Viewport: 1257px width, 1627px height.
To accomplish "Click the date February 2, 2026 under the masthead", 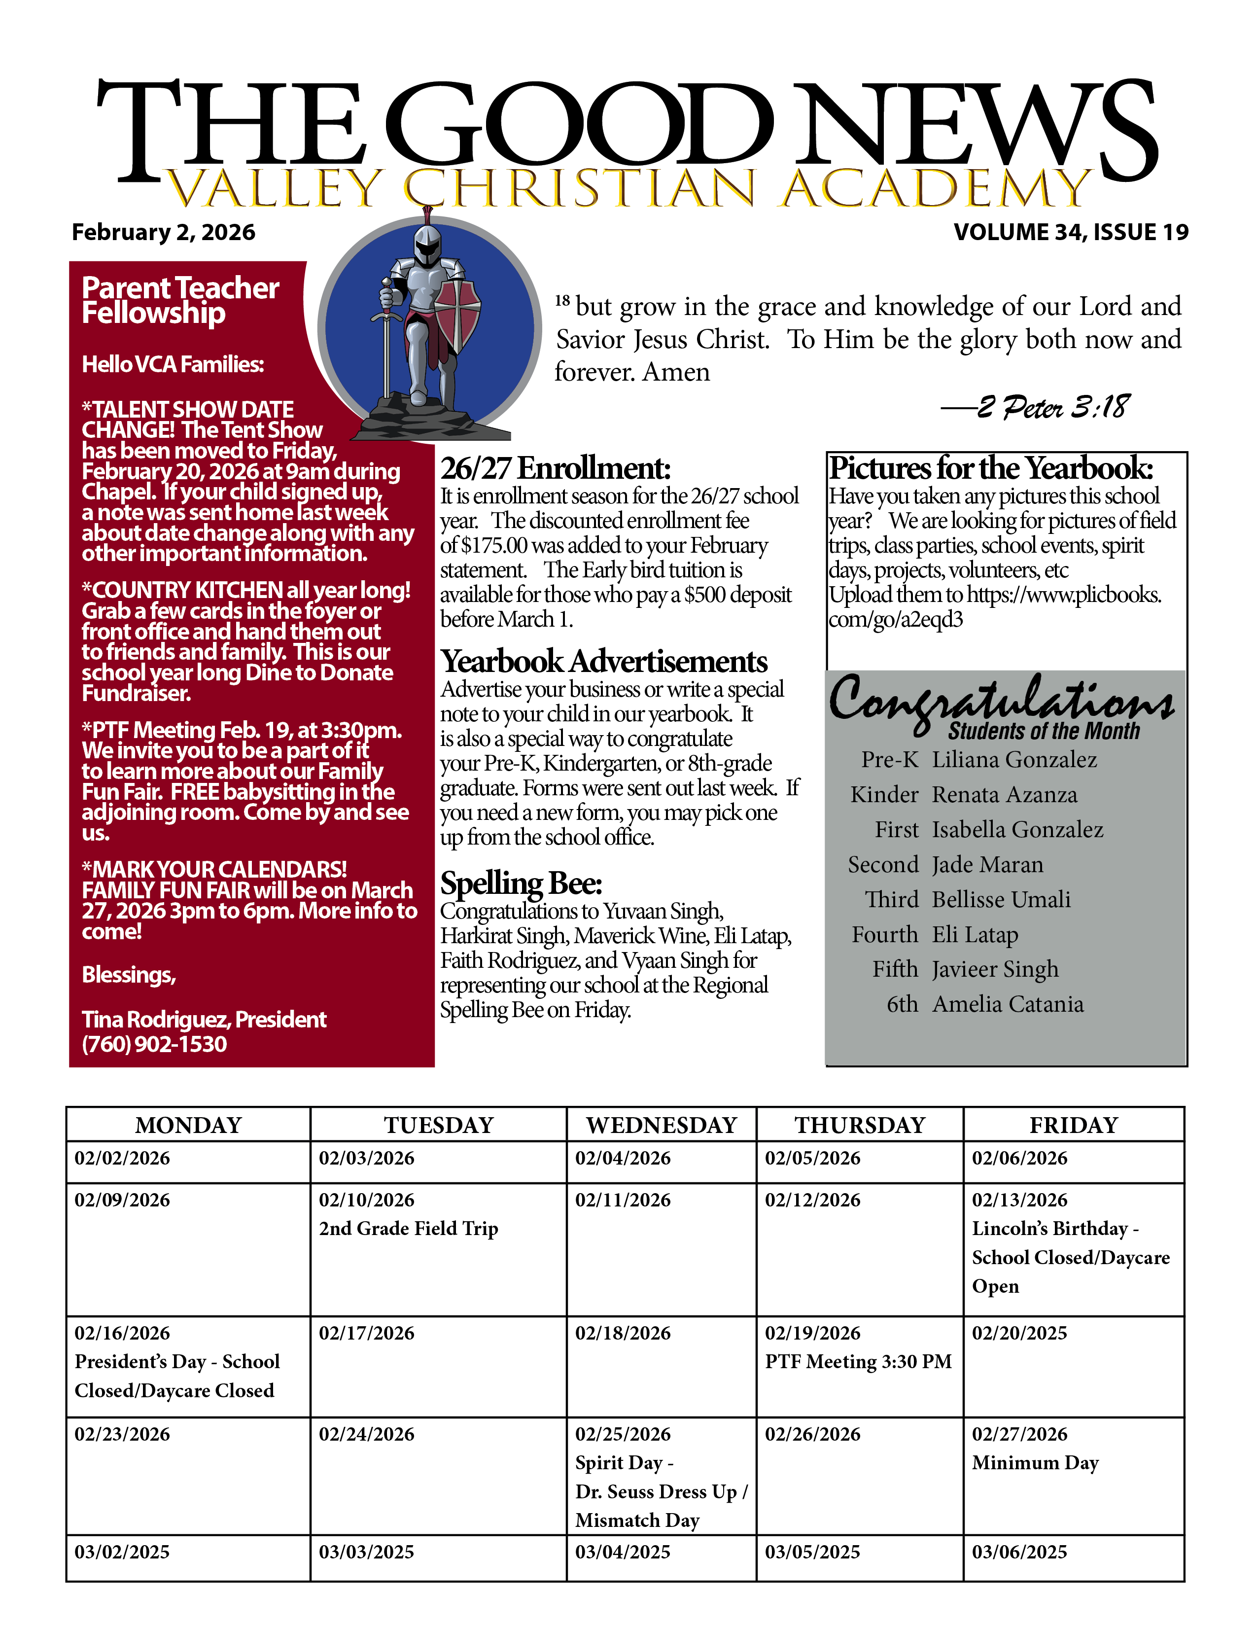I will tap(163, 232).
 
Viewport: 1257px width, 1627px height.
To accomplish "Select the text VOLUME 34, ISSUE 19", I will tap(1071, 232).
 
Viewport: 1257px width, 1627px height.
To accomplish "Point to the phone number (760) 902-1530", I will tap(154, 1044).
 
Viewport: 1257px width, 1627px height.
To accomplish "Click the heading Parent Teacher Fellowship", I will tap(180, 300).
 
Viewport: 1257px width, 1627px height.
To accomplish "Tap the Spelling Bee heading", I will tap(521, 884).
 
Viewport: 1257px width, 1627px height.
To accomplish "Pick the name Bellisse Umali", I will tap(1001, 899).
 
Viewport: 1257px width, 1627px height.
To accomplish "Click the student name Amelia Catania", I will tap(1008, 1004).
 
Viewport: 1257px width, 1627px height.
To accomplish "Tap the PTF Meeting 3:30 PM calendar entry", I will tap(858, 1362).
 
